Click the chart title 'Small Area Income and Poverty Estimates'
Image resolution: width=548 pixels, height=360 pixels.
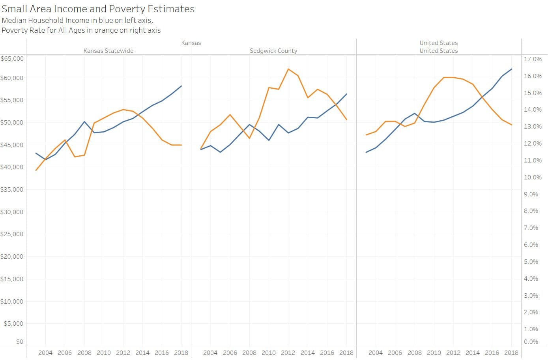pos(98,9)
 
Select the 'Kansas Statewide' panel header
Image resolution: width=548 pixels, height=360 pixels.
pos(108,51)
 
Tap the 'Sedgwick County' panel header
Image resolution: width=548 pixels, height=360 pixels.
pos(273,51)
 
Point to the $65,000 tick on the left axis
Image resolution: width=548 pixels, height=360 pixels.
pos(12,58)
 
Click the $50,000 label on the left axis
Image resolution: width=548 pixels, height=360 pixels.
pos(12,122)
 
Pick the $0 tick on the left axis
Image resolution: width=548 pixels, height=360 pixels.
pos(19,342)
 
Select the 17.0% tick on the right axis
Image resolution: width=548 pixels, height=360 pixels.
pos(533,59)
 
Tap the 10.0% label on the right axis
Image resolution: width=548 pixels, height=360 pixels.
pos(533,177)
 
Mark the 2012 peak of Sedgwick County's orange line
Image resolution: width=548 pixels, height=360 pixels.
pos(288,69)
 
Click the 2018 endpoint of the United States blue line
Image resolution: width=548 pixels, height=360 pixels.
pos(512,69)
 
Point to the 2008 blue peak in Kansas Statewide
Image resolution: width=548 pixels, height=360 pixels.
pos(84,121)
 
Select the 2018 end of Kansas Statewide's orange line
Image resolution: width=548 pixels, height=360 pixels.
pos(181,145)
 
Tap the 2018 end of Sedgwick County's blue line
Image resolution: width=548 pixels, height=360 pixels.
pos(347,94)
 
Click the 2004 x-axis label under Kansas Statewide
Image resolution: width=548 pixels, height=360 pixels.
pos(45,353)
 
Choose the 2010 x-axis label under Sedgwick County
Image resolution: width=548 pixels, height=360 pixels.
pos(269,353)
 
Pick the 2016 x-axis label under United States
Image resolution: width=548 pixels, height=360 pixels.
pos(492,353)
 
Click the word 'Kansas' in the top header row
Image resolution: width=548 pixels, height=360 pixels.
pos(191,43)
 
